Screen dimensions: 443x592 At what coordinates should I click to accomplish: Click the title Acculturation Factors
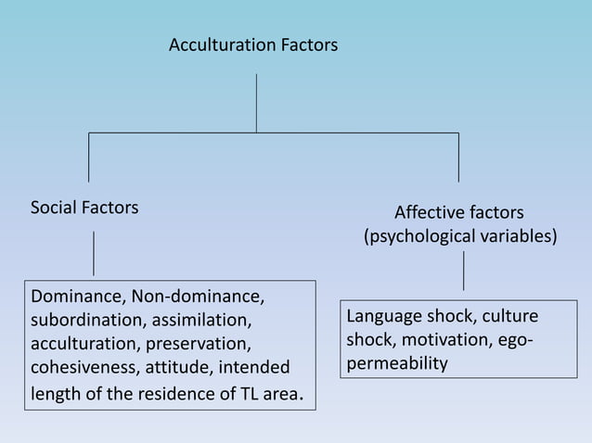coord(252,44)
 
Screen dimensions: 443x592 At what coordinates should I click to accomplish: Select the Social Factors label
coord(84,208)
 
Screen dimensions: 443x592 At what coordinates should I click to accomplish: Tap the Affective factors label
coord(458,212)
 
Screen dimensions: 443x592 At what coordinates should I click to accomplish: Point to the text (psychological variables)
coord(460,236)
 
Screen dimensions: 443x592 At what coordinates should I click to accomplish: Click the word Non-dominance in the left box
coord(198,297)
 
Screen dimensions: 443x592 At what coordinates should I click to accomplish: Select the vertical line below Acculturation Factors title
coord(256,103)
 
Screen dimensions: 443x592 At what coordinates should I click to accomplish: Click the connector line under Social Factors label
coord(93,253)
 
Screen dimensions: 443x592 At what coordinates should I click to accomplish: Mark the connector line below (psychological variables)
coord(463,272)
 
